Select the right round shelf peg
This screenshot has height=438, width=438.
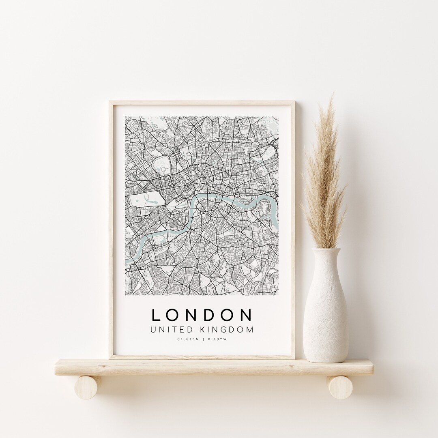(x=341, y=387)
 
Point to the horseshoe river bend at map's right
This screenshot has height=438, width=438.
(x=266, y=203)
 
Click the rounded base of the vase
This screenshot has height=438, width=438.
(x=326, y=353)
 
